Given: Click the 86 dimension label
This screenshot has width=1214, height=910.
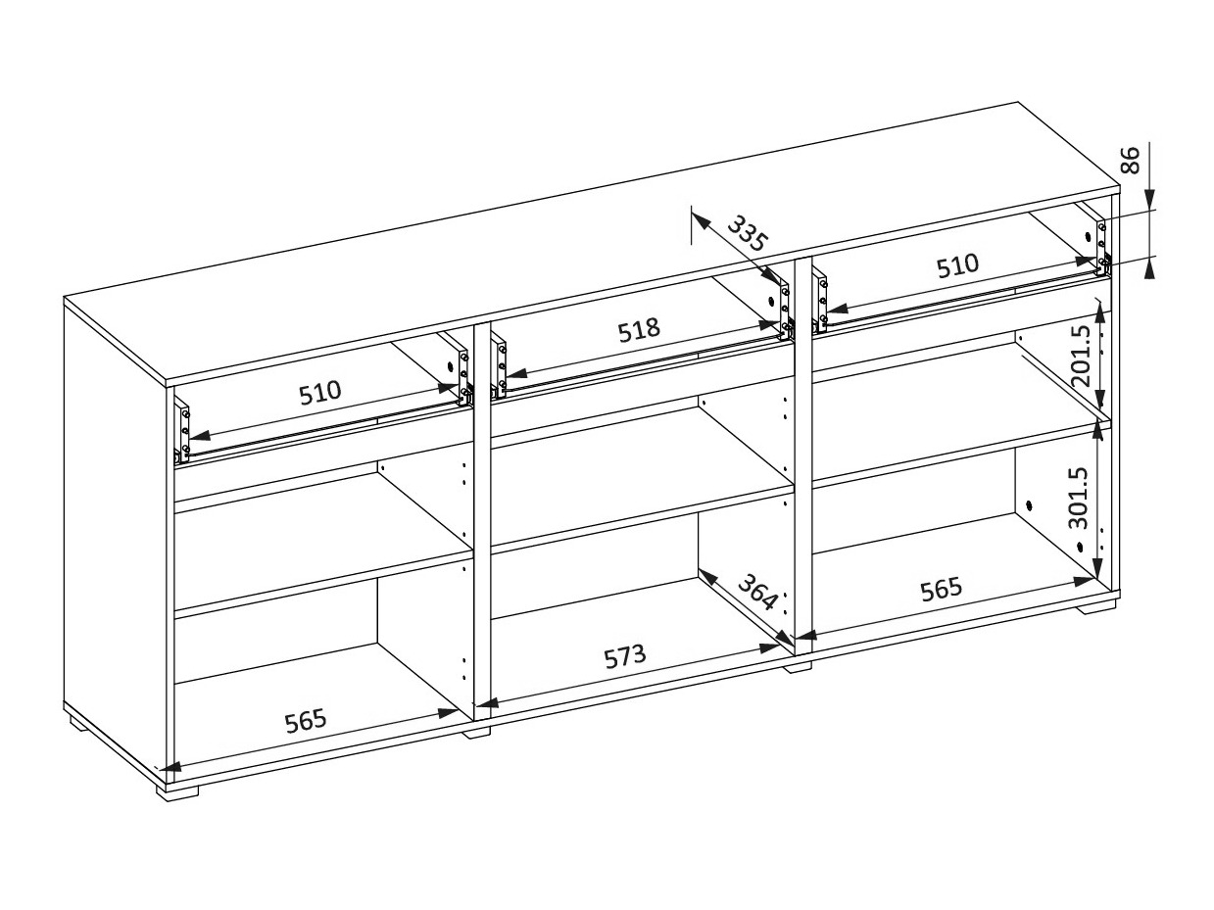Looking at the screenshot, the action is [1132, 160].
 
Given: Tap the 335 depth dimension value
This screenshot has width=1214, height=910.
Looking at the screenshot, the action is [748, 233].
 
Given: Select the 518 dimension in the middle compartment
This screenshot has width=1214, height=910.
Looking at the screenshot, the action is [639, 330].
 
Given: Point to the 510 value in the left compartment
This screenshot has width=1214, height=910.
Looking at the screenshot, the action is [320, 392].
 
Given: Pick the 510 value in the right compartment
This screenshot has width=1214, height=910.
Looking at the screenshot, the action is [957, 265].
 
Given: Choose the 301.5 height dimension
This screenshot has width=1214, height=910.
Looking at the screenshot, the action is [1079, 499].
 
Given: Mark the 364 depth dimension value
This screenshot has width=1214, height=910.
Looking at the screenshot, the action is [758, 592].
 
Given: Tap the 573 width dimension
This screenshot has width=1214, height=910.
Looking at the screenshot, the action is [624, 656].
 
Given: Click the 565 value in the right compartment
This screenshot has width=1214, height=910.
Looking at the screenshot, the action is [942, 589].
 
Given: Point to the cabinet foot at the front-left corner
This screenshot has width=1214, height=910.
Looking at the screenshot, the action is [176, 790].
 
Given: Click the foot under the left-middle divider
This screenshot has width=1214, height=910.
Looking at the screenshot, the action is [476, 733].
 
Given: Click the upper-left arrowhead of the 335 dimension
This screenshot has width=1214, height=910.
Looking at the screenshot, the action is [701, 221].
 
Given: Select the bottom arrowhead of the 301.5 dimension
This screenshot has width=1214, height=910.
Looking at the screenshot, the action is [1099, 568].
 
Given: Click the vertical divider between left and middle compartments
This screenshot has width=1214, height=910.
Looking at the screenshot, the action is [482, 521].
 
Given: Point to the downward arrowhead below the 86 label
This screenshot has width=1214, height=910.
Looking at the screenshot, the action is [1149, 199].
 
